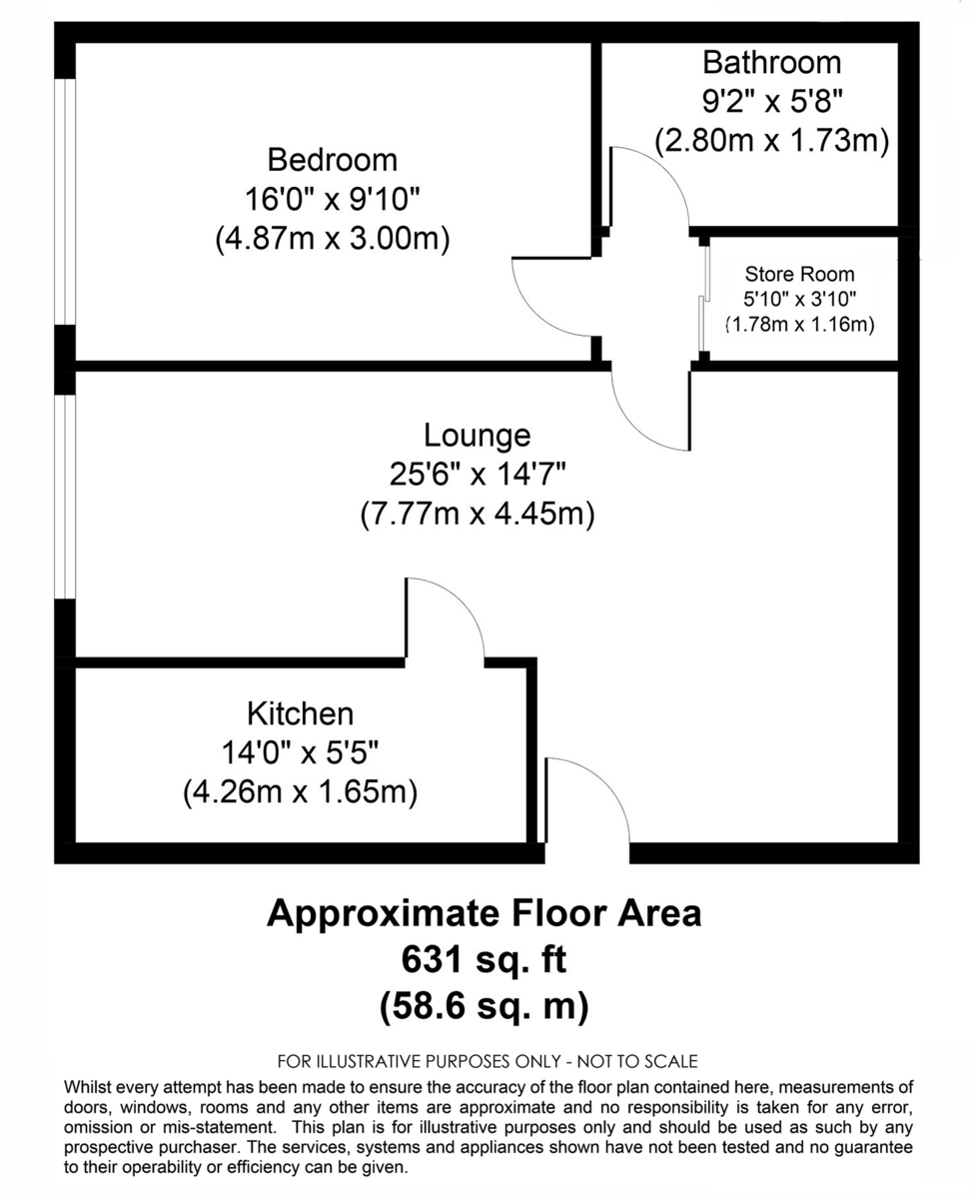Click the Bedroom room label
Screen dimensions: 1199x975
332,160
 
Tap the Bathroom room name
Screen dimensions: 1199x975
771,63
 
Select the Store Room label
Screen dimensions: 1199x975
799,274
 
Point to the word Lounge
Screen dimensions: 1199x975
477,436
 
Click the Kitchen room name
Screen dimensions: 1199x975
300,713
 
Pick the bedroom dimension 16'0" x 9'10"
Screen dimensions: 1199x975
332,199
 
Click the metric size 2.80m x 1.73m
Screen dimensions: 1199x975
771,141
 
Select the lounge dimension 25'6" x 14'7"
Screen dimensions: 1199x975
477,475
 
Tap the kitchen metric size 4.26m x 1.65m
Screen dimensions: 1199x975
300,792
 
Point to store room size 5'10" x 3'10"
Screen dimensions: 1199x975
799,299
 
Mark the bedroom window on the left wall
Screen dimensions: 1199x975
65,201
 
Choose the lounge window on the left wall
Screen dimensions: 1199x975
65,497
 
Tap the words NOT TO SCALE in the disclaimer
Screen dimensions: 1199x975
638,1061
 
